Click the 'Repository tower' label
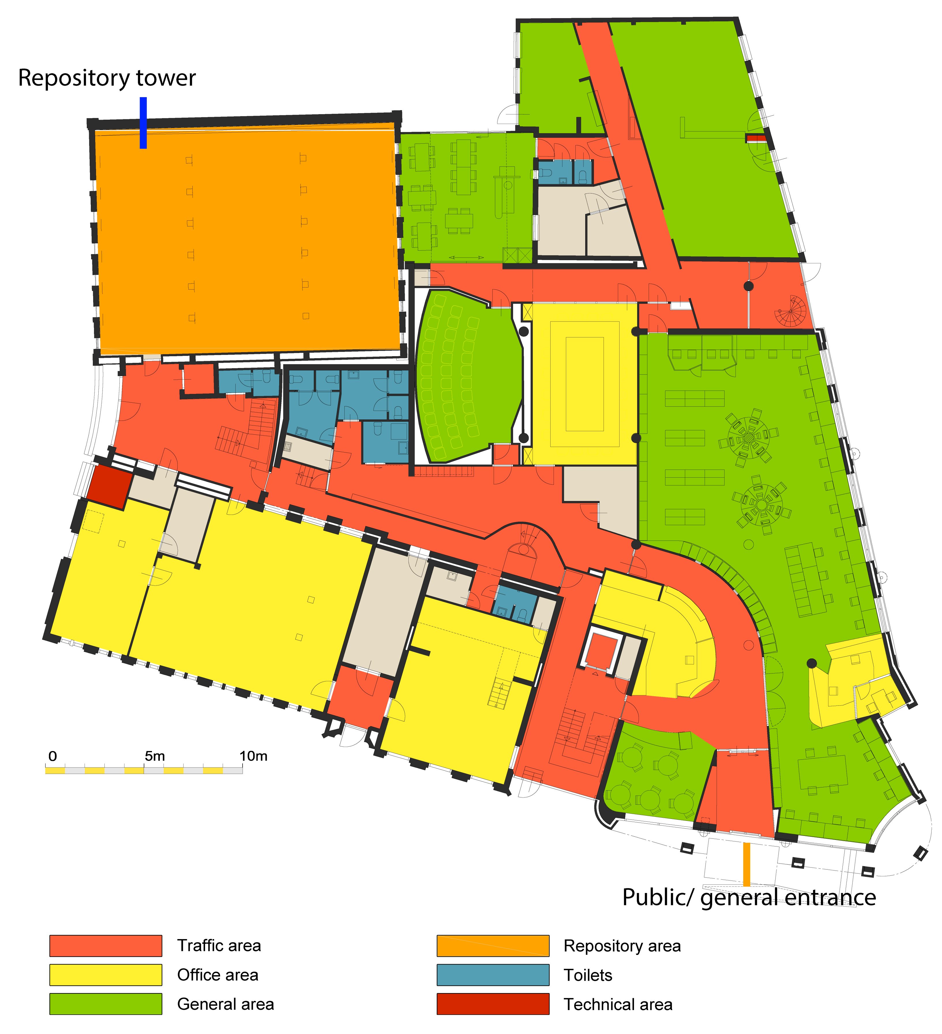[x=107, y=78]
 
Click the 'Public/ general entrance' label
[x=749, y=897]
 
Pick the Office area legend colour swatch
[x=106, y=975]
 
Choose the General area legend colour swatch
[x=106, y=1004]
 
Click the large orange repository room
[x=246, y=239]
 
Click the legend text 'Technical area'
[x=618, y=1004]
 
